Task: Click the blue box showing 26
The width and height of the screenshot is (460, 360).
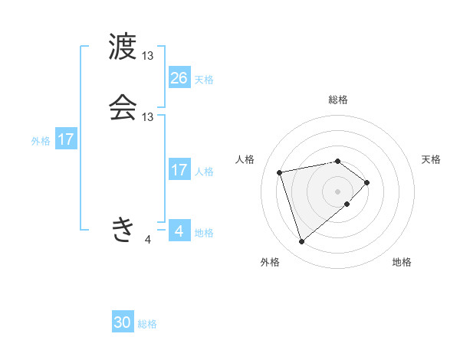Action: click(x=179, y=78)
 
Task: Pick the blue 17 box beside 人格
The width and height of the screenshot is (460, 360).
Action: click(x=179, y=170)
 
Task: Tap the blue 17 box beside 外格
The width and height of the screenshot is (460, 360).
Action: click(x=66, y=139)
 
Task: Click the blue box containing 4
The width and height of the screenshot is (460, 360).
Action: click(x=179, y=231)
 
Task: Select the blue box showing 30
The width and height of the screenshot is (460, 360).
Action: click(x=123, y=322)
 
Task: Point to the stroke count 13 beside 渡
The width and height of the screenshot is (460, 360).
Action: click(x=148, y=56)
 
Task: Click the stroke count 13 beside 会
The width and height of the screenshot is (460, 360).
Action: click(x=148, y=117)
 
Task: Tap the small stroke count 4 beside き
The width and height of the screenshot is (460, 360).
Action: click(x=148, y=240)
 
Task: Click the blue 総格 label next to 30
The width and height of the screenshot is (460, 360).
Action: click(x=147, y=324)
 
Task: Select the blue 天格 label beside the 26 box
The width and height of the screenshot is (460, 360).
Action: click(x=204, y=80)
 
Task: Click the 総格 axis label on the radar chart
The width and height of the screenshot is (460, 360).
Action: click(x=338, y=100)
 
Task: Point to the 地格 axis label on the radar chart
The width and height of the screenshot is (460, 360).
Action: click(x=402, y=262)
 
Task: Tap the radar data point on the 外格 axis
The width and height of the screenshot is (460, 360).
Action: click(x=302, y=242)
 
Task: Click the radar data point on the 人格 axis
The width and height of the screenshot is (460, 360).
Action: click(x=280, y=172)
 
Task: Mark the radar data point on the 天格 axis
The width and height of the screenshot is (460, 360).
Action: click(x=367, y=182)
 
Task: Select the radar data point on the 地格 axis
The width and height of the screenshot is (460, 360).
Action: click(x=347, y=204)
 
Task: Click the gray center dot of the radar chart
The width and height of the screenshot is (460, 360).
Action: click(x=338, y=190)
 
